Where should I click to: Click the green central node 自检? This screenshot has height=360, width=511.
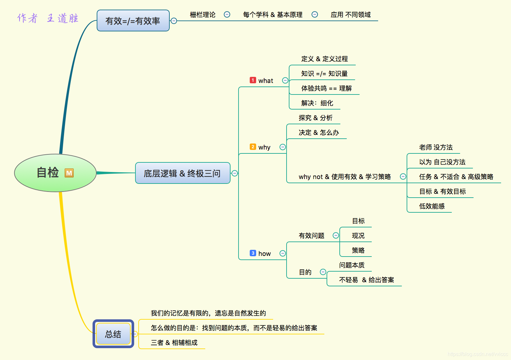(x=55, y=173)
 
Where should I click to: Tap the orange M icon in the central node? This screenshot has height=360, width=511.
(x=69, y=173)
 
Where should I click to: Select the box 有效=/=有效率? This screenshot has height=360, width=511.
(x=133, y=21)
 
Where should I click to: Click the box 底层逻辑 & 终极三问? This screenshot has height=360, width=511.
(x=182, y=173)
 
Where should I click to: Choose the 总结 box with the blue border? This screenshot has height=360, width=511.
(x=113, y=334)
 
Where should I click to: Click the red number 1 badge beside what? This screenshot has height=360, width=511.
(x=253, y=80)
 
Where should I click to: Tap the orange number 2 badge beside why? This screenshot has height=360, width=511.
(x=253, y=147)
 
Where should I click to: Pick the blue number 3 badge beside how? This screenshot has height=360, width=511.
(x=253, y=253)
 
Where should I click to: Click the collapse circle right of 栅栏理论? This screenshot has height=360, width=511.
(x=227, y=14)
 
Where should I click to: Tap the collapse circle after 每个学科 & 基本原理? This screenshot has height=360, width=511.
(x=315, y=14)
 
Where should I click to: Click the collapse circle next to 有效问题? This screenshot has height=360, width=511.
(x=336, y=235)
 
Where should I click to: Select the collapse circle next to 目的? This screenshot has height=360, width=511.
(x=323, y=272)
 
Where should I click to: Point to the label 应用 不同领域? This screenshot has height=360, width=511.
(x=351, y=15)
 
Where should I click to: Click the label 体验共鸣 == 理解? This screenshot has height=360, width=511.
(x=326, y=88)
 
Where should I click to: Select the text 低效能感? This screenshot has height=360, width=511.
(x=432, y=206)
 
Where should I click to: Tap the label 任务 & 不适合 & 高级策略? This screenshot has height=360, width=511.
(x=456, y=177)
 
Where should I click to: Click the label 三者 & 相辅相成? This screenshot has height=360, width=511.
(x=174, y=343)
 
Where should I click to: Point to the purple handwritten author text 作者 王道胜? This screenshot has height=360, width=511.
(x=48, y=18)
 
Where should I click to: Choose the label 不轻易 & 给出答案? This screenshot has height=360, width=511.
(x=366, y=280)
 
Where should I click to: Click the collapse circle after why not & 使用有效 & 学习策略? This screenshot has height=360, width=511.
(x=403, y=176)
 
